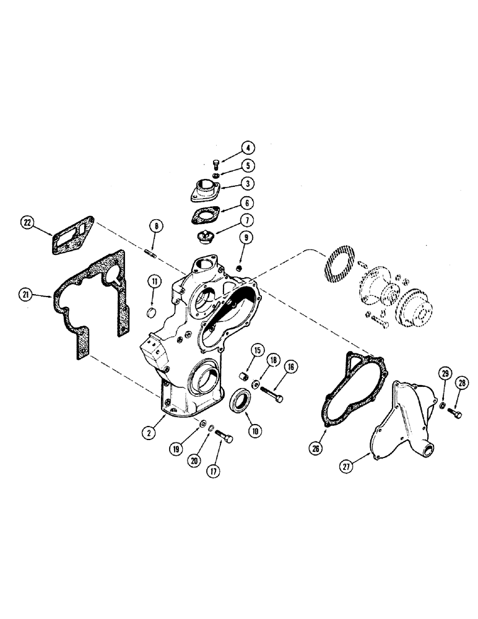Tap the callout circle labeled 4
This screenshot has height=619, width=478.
pyautogui.click(x=248, y=148)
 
